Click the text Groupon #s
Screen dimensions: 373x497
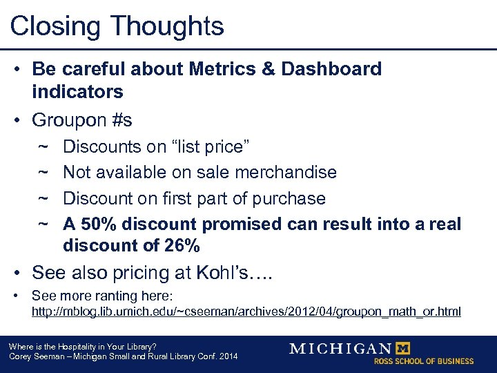[82, 120]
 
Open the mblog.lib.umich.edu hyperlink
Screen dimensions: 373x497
[246, 312]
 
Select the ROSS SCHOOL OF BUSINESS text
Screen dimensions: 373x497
[424, 361]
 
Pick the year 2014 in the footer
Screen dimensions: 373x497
[226, 356]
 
